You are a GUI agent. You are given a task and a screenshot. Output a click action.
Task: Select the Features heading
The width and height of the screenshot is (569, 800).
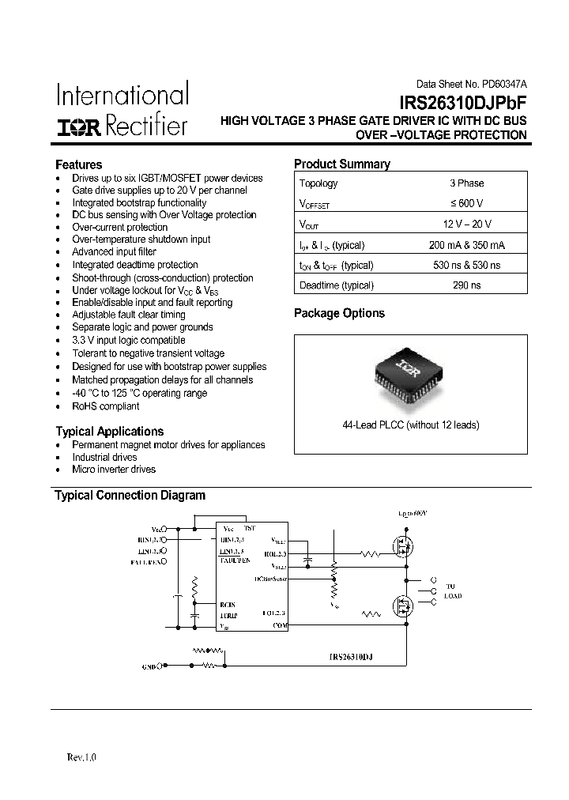[78, 164]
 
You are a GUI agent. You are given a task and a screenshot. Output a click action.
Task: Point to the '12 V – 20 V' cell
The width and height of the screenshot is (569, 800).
[465, 225]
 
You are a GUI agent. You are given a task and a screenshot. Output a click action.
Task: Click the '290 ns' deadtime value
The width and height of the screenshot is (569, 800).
[465, 285]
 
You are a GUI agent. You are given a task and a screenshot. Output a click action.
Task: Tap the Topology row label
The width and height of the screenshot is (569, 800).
[318, 183]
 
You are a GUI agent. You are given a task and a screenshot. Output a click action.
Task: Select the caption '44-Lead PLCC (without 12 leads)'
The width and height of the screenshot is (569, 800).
[410, 425]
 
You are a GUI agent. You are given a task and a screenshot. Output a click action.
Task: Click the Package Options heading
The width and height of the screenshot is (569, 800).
[339, 313]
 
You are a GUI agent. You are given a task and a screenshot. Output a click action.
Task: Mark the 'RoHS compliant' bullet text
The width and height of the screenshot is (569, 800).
[105, 406]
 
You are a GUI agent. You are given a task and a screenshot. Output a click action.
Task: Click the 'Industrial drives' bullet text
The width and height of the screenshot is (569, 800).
[104, 457]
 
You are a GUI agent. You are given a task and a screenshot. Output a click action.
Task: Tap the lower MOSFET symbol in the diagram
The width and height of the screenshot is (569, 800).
[404, 607]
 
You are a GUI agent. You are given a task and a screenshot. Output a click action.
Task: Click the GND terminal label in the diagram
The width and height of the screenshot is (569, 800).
[149, 667]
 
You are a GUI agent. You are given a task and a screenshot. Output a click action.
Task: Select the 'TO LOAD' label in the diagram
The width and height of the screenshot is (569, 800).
[450, 591]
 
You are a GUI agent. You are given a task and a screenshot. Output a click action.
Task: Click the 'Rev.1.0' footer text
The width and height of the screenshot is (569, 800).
[81, 757]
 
